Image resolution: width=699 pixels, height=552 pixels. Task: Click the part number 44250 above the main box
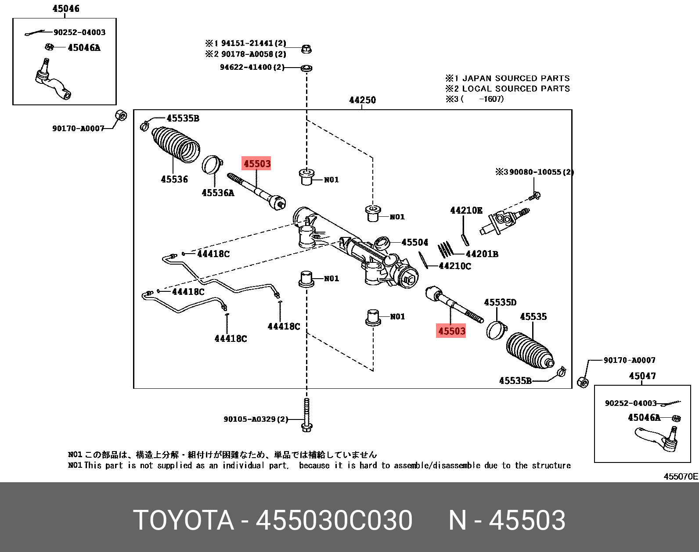click(362, 100)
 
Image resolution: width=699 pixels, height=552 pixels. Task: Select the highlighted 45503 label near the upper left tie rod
click(257, 164)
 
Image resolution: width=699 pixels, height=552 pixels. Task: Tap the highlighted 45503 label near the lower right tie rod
click(451, 331)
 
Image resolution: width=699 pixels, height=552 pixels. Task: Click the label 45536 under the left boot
click(174, 179)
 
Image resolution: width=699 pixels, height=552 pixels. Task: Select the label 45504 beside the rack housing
click(414, 242)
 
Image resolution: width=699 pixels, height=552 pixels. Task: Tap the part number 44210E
click(466, 210)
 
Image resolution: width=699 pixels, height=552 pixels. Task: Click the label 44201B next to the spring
click(482, 254)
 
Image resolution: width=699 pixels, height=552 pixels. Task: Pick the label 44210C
click(455, 266)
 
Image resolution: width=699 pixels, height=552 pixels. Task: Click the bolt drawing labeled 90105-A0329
click(306, 415)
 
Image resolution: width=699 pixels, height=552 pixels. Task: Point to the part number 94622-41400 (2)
click(252, 67)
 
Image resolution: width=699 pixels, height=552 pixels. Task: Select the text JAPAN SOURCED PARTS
click(516, 78)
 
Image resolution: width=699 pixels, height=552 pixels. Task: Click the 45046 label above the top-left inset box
click(66, 8)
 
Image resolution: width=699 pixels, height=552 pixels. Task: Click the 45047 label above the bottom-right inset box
click(642, 376)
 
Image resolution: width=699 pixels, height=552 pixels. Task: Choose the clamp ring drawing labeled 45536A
click(213, 165)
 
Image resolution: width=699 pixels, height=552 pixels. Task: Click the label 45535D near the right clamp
click(500, 302)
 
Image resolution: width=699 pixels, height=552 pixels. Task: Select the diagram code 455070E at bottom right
click(680, 476)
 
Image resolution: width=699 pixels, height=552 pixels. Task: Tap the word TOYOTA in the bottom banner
click(184, 520)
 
